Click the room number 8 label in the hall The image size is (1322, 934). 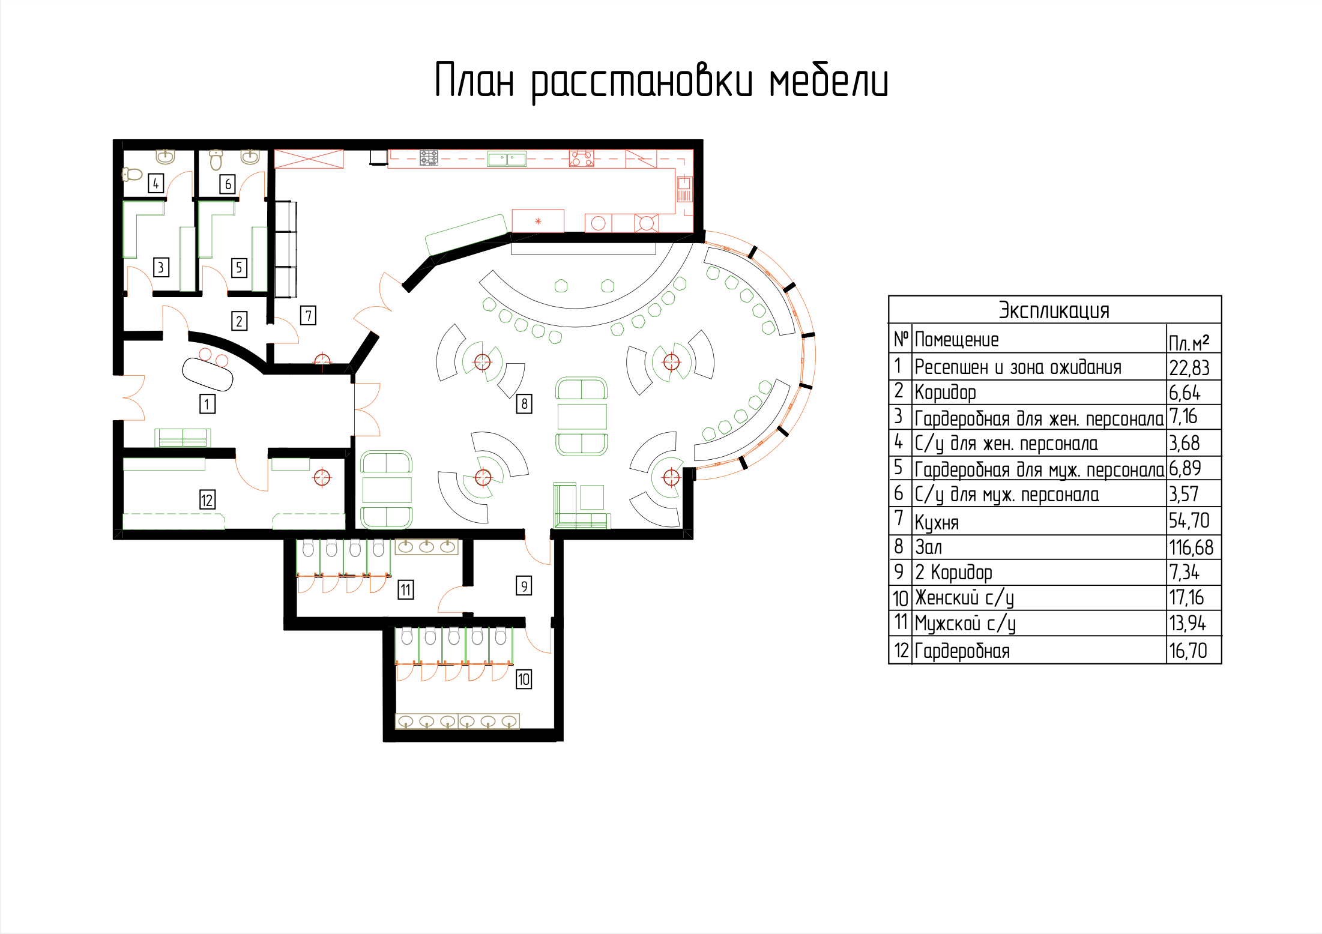point(524,404)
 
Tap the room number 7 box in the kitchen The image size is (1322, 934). point(308,316)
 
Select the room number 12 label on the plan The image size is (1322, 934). point(207,499)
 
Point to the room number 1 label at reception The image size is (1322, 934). point(207,404)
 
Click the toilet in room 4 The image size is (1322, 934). point(132,175)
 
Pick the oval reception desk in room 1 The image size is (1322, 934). point(208,374)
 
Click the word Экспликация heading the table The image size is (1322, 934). point(1054,311)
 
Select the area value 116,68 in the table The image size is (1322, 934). point(1191,547)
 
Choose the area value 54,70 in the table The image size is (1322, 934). point(1189,520)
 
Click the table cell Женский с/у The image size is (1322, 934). point(965,598)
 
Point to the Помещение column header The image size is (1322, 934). point(956,340)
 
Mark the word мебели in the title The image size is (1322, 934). point(829,81)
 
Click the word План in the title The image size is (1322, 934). point(474,80)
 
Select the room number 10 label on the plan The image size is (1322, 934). point(524,679)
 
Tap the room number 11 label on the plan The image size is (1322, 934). point(406,590)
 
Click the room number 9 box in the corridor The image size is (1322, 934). point(524,586)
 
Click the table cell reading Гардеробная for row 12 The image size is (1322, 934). point(962,651)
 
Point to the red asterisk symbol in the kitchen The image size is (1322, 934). point(538,221)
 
